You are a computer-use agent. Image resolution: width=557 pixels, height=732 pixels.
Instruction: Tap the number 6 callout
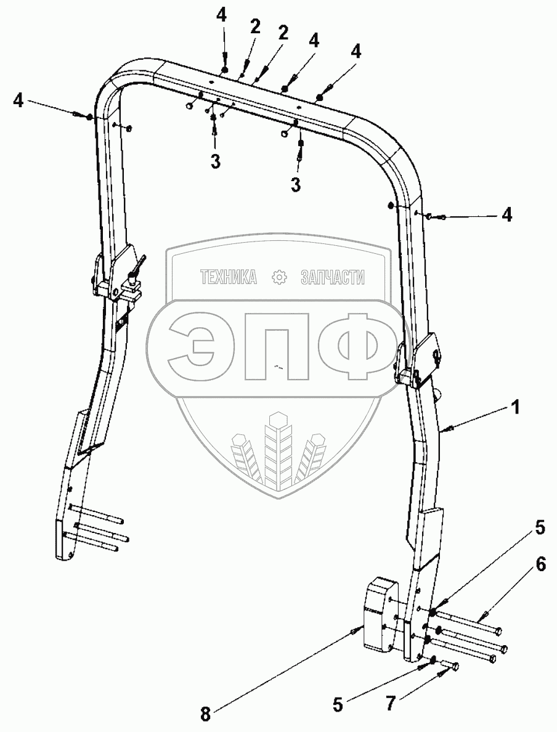click(540, 565)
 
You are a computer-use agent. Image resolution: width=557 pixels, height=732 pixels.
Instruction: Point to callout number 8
click(205, 714)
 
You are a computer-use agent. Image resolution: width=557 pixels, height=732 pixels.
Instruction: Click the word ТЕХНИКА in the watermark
click(228, 278)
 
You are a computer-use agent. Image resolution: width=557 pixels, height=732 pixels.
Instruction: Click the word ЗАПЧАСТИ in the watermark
click(332, 278)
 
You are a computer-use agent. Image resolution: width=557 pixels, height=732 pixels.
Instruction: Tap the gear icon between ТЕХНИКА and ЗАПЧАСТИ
click(280, 278)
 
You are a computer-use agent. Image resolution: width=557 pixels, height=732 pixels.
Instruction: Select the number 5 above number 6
click(540, 527)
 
